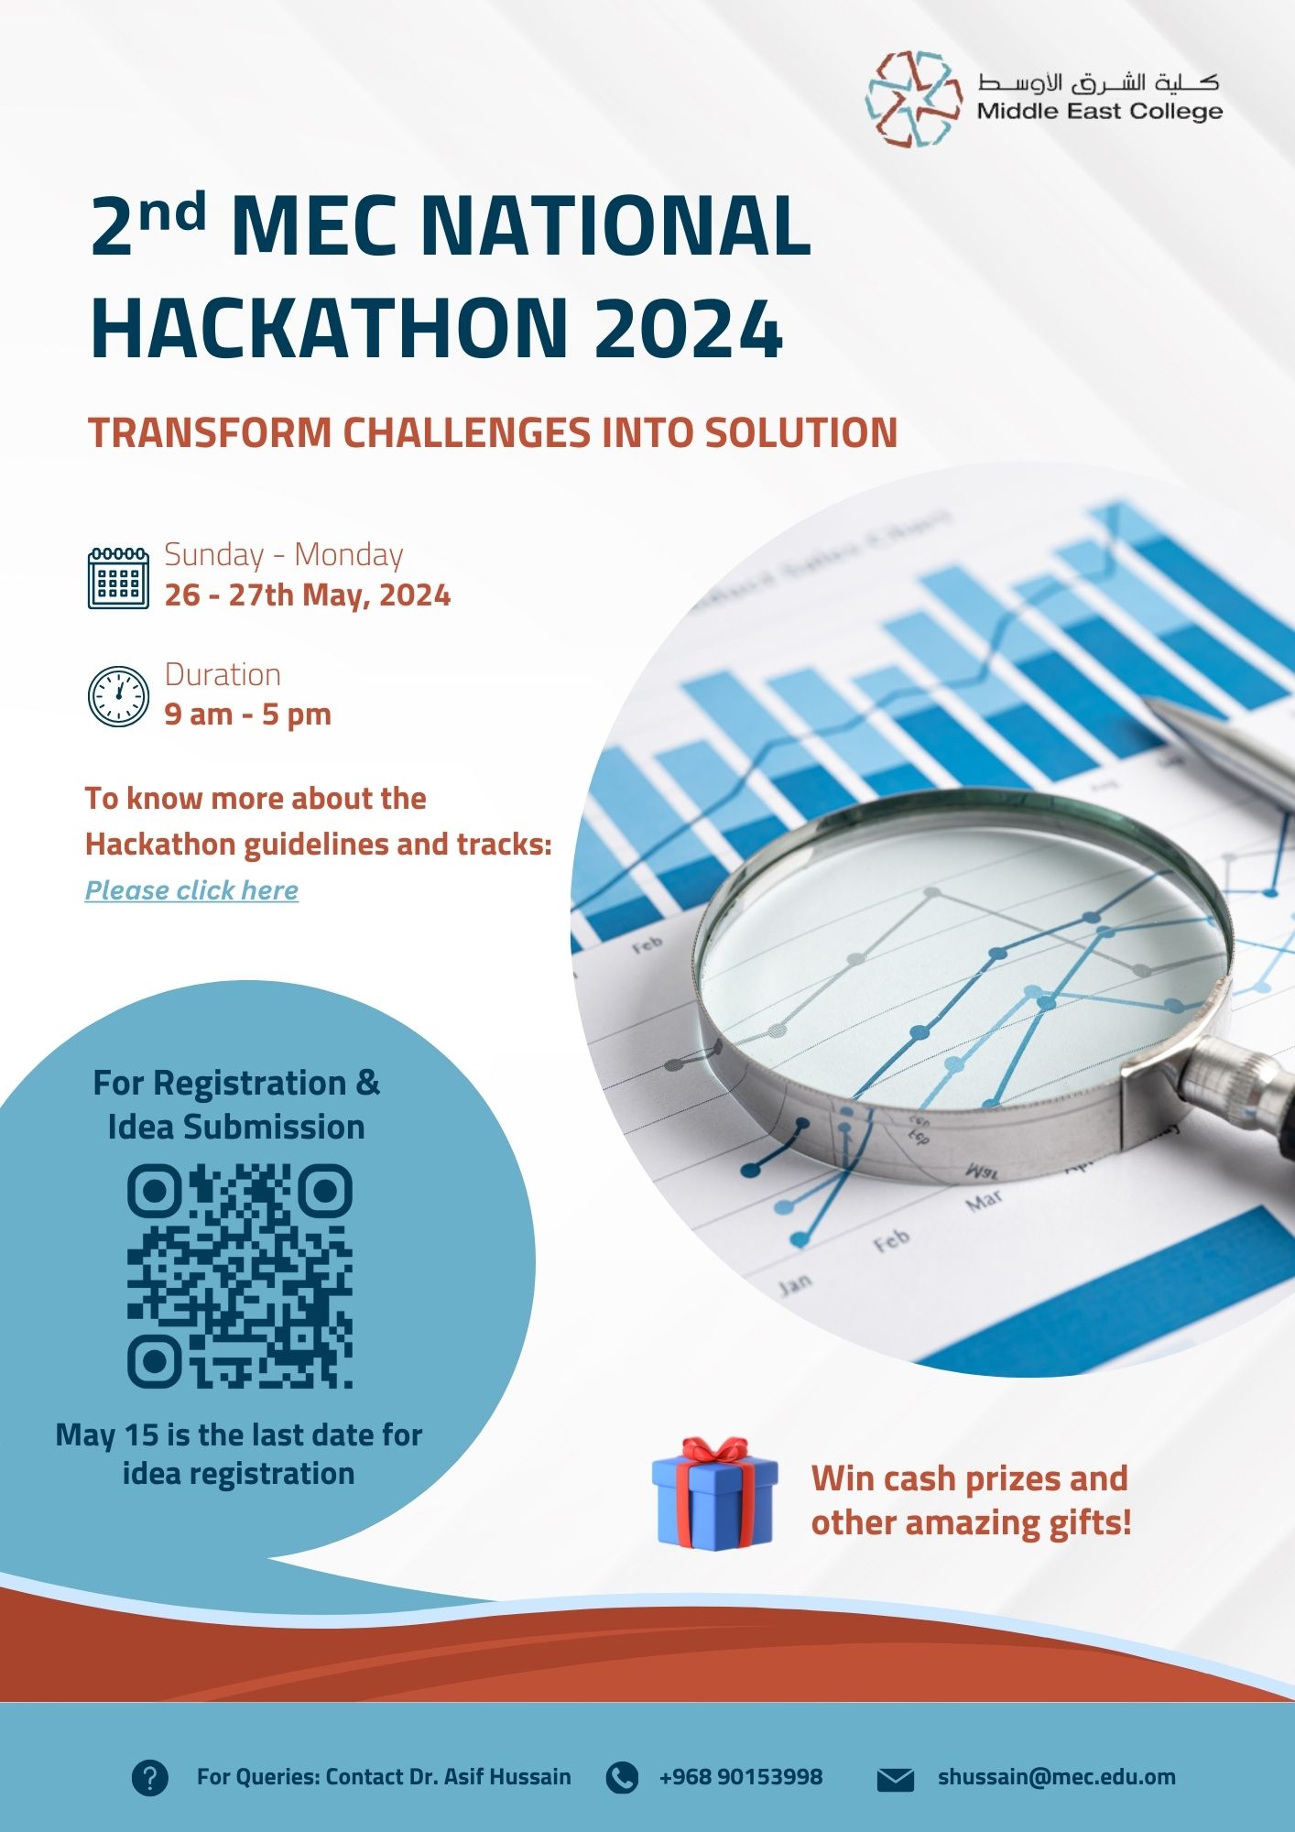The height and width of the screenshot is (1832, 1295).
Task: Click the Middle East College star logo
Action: (x=913, y=99)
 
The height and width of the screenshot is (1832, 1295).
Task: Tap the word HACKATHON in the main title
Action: (x=330, y=328)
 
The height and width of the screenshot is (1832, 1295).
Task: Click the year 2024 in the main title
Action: (x=688, y=328)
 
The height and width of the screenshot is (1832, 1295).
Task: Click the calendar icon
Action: (x=118, y=578)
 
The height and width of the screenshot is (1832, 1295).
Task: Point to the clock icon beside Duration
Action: (x=118, y=696)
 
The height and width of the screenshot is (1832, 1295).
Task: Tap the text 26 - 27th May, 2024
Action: (x=308, y=595)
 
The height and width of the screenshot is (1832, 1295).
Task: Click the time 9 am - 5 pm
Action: (x=248, y=714)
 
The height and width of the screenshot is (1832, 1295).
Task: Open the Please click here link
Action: (x=191, y=890)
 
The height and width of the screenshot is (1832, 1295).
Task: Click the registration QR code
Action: (x=239, y=1275)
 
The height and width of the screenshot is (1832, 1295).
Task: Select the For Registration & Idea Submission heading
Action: (x=236, y=1105)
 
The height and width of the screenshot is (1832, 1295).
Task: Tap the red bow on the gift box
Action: (x=715, y=1451)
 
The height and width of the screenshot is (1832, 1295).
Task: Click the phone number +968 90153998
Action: (x=741, y=1777)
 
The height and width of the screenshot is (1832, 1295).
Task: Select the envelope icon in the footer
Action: (x=896, y=1779)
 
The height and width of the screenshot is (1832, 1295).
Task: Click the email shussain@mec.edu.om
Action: (x=1057, y=1777)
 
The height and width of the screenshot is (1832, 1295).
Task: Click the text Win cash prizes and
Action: (x=969, y=1478)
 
